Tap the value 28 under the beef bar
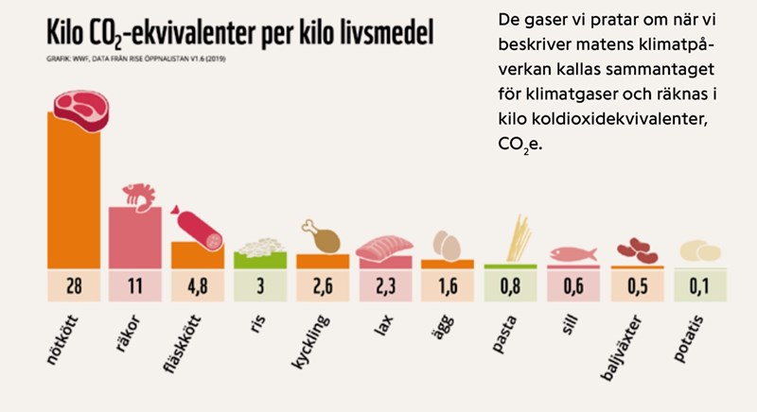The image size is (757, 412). coord(74,285)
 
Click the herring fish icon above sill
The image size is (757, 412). coord(573,253)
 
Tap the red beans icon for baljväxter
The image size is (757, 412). coord(635,250)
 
